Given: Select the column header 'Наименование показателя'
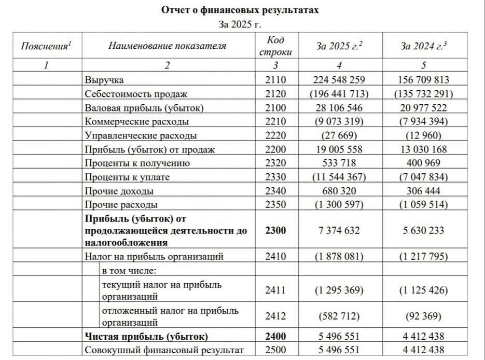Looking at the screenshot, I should pyautogui.click(x=167, y=46).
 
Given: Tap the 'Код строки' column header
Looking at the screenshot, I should pyautogui.click(x=275, y=46).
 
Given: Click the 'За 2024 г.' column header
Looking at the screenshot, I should pyautogui.click(x=423, y=46).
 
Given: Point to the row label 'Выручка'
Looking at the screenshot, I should pyautogui.click(x=104, y=80).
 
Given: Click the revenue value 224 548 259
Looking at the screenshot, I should pyautogui.click(x=339, y=80).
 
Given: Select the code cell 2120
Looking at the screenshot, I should pyautogui.click(x=275, y=94).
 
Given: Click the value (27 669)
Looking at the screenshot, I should pyautogui.click(x=339, y=136).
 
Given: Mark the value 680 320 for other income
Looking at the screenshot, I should pyautogui.click(x=339, y=191).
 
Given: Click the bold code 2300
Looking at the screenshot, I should pyautogui.click(x=275, y=230).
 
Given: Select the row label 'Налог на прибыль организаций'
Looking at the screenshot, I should pyautogui.click(x=154, y=256).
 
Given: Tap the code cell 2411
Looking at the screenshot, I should pyautogui.click(x=275, y=290).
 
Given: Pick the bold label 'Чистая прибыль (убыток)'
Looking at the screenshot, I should pyautogui.click(x=146, y=336).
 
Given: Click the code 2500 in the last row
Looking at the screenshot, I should pyautogui.click(x=275, y=350).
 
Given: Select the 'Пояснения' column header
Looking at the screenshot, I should pyautogui.click(x=46, y=46).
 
